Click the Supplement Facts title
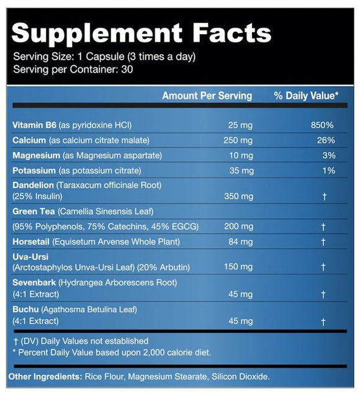[x=142, y=32]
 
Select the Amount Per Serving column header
[x=207, y=96]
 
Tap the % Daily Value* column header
[x=306, y=96]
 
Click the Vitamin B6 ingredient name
[x=31, y=125]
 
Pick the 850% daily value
[x=323, y=125]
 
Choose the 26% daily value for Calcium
[x=325, y=140]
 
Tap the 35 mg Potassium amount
[x=241, y=170]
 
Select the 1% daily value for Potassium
[x=328, y=170]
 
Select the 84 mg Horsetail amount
[x=241, y=242]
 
